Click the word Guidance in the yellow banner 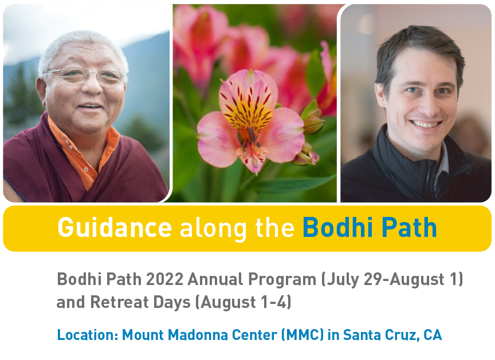click(115, 227)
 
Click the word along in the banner click(213, 229)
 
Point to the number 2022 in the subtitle click(165, 279)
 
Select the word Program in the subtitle click(282, 280)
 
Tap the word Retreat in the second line click(119, 302)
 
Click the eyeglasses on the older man click(85, 76)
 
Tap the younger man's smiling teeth click(425, 124)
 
